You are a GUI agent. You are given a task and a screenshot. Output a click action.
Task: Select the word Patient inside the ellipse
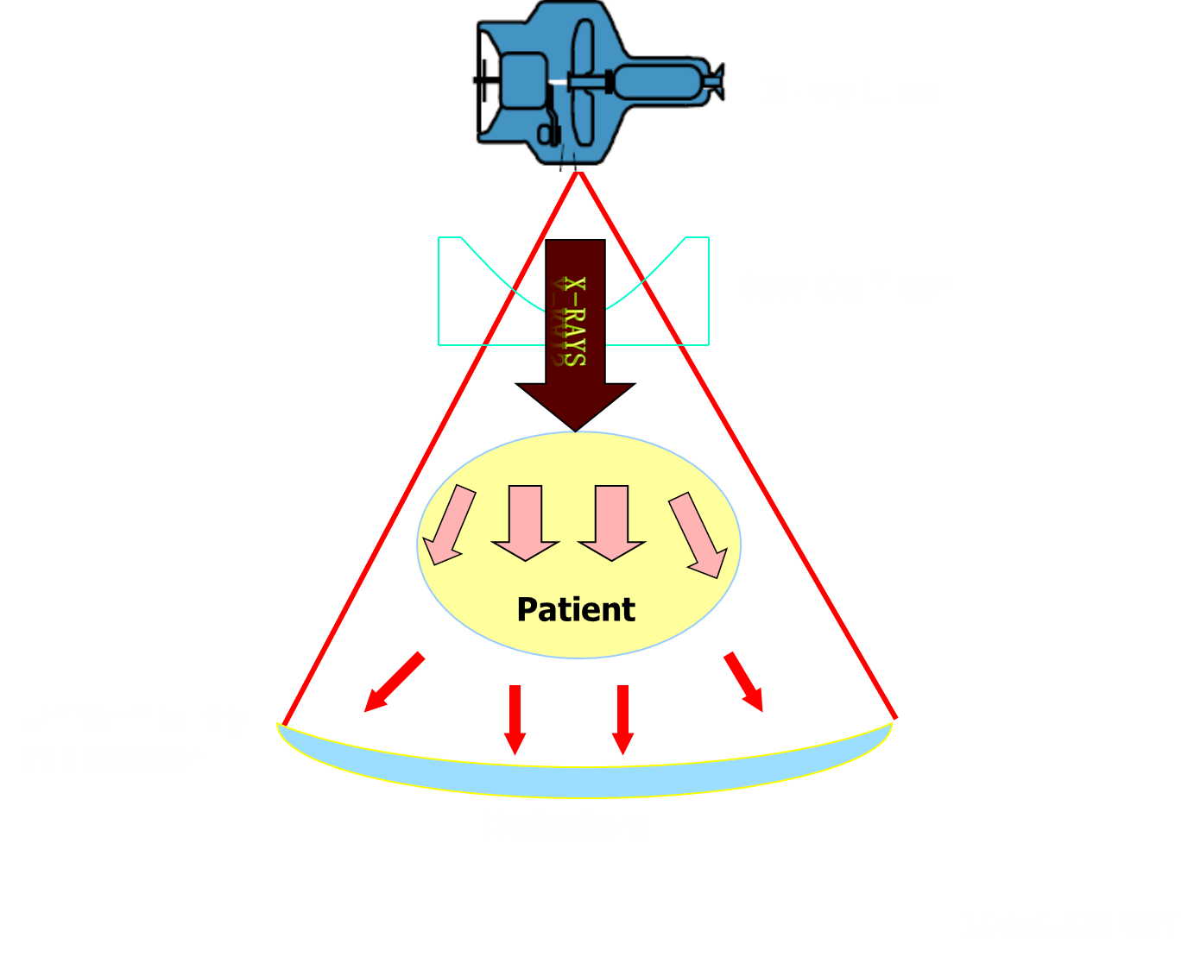(576, 609)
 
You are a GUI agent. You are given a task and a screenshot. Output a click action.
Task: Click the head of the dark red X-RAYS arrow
(576, 405)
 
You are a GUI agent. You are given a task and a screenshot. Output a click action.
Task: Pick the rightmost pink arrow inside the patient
(698, 533)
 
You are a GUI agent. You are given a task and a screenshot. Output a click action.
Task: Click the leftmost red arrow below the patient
(394, 683)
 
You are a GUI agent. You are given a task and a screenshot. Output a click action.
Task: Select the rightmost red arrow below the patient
(744, 682)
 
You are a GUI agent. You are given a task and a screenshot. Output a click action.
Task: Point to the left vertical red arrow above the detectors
(515, 719)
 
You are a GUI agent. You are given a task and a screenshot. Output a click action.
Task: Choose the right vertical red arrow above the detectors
(622, 719)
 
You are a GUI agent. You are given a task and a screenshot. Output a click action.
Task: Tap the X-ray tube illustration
(600, 85)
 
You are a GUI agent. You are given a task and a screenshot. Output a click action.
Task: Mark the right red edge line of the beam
(736, 444)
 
